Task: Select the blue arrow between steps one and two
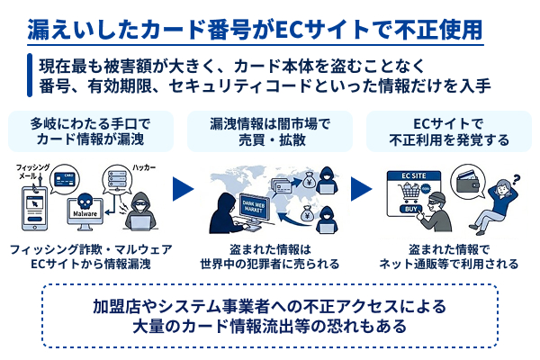184,190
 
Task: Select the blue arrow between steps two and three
361,190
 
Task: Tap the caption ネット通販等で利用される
450,264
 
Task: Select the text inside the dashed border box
269,314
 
